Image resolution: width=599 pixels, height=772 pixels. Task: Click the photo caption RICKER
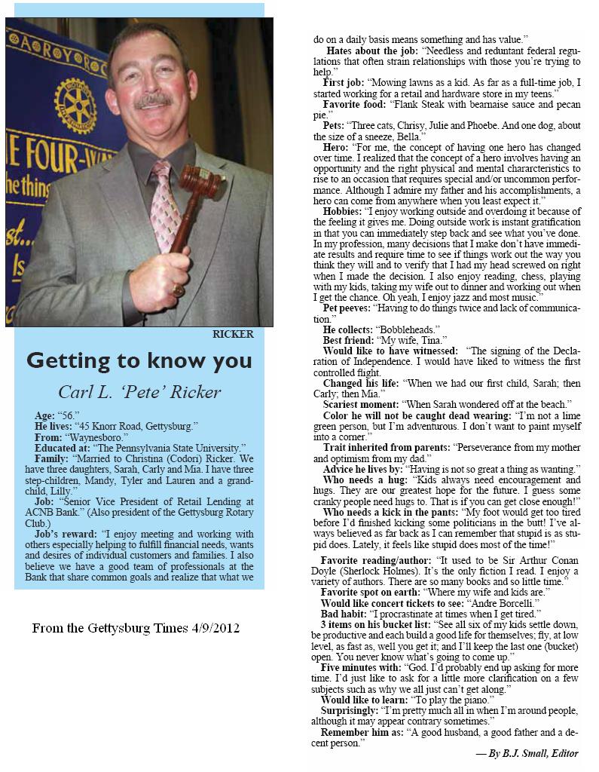click(x=233, y=334)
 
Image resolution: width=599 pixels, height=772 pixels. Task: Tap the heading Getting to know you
click(x=139, y=361)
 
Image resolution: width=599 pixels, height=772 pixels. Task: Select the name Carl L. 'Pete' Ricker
click(x=139, y=391)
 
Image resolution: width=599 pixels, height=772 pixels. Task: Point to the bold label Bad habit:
click(x=344, y=614)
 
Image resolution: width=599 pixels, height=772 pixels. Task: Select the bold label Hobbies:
click(x=343, y=212)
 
